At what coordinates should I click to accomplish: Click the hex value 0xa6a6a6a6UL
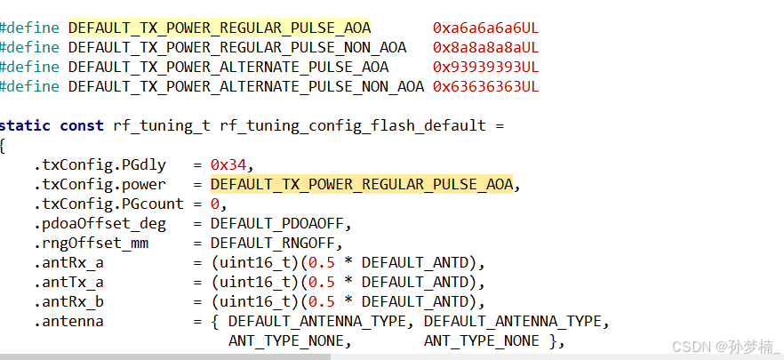pos(485,28)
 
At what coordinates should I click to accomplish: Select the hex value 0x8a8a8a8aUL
pos(485,47)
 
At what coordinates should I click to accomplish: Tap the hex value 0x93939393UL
pos(485,67)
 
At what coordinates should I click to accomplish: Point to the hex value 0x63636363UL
pos(485,86)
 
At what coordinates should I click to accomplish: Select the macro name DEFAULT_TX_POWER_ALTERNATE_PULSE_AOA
pos(228,67)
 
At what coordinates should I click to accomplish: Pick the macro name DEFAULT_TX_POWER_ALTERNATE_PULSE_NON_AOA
pos(246,86)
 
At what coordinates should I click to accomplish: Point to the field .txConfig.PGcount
pos(108,204)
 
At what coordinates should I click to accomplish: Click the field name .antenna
pos(68,321)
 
